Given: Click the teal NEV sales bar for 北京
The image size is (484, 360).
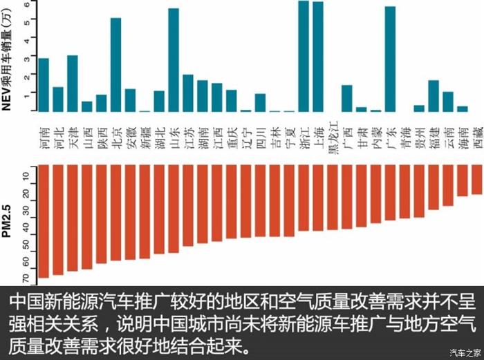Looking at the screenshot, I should click(x=115, y=65).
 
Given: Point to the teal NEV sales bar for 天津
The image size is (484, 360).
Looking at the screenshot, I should click(x=73, y=84).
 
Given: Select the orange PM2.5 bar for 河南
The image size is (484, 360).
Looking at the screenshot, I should click(x=44, y=221).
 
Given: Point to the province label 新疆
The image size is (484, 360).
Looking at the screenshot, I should click(x=145, y=132).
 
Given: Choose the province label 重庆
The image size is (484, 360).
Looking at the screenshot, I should click(x=232, y=132).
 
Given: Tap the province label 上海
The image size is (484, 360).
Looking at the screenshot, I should click(x=318, y=132).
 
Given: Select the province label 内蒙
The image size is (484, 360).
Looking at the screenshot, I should click(x=375, y=132).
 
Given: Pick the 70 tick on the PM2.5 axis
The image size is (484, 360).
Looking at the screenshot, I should click(x=26, y=278).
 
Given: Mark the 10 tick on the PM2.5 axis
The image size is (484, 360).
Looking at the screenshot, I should click(x=26, y=177).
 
